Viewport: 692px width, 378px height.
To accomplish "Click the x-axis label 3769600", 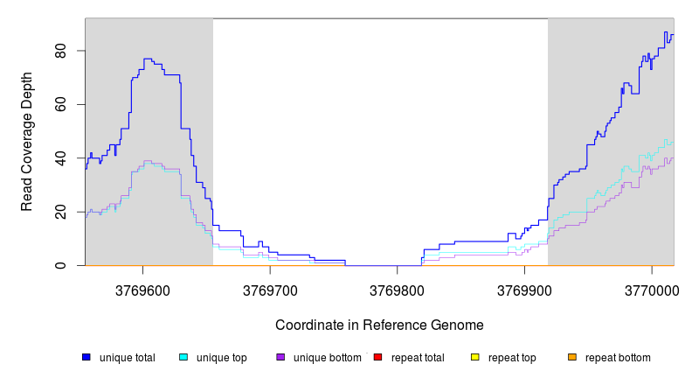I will (x=142, y=290).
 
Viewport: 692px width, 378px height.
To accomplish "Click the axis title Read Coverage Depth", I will (x=27, y=142).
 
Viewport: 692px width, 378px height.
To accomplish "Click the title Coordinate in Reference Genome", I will (x=379, y=325).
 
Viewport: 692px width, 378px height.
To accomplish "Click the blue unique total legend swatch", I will (x=86, y=357).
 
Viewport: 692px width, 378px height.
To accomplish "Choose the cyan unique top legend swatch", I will (x=183, y=357).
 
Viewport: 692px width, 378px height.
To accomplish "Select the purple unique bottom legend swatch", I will (x=280, y=357).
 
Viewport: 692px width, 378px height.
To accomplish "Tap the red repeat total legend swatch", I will (x=377, y=357).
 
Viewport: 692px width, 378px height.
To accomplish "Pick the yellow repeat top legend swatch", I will (x=474, y=357).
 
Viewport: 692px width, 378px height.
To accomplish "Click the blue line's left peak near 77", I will (x=148, y=59).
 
